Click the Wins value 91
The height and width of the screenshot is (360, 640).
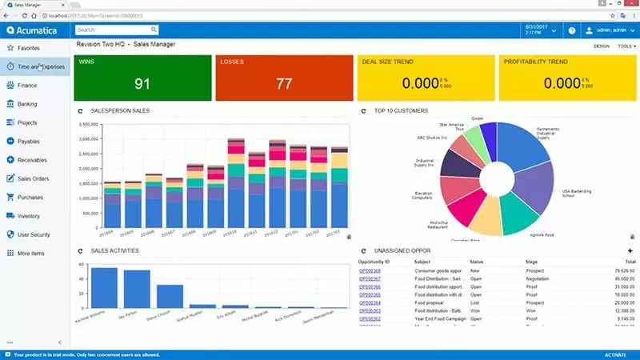142,83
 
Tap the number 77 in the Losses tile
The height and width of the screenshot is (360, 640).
284,83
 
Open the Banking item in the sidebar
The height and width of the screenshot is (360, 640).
27,104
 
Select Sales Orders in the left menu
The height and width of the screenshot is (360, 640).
34,178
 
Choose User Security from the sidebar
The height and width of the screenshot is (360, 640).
35,234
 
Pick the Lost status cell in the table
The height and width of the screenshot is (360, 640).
476,302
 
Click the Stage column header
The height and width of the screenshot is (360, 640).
532,262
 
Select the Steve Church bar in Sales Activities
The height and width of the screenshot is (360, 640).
170,296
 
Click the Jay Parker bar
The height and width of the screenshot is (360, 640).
137,289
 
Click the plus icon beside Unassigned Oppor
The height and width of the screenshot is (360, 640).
630,251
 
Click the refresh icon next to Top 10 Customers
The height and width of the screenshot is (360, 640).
364,110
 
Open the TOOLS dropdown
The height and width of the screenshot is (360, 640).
625,46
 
